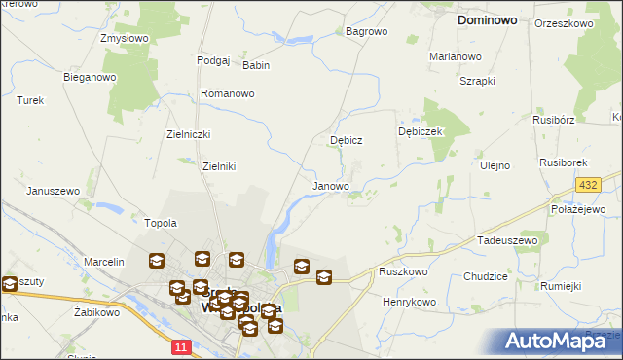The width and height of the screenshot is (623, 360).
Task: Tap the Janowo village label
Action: click(x=331, y=185)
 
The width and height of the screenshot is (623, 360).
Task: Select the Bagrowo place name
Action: click(x=367, y=31)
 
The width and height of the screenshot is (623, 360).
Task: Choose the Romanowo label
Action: click(x=227, y=93)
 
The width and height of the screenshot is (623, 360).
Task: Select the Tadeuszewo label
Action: click(x=507, y=239)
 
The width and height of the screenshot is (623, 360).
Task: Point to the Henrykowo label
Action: click(x=409, y=302)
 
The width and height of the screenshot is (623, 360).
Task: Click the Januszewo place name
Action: click(x=53, y=191)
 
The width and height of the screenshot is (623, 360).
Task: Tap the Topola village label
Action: click(x=161, y=223)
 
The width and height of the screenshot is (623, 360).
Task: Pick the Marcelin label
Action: click(x=104, y=262)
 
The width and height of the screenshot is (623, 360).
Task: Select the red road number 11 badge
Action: click(x=180, y=345)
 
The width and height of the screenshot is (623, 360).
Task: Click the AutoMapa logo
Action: click(x=562, y=341)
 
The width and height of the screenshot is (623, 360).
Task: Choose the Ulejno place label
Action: click(x=495, y=165)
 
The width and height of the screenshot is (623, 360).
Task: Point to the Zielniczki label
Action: click(x=189, y=134)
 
